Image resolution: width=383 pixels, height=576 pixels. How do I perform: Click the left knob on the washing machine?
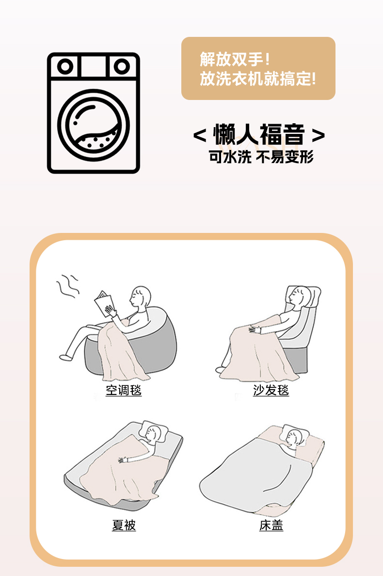(65, 66)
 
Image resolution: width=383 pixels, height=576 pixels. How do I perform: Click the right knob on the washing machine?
(121, 66)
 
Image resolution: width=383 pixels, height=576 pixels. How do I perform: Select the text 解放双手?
(235, 60)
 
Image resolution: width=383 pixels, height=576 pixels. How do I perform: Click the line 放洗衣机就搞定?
(257, 79)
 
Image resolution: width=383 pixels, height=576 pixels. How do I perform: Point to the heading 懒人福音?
(259, 135)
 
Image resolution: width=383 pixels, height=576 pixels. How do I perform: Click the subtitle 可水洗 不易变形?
(261, 157)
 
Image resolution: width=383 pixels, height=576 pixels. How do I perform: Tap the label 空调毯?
(124, 390)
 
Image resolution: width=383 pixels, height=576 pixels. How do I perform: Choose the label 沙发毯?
(271, 390)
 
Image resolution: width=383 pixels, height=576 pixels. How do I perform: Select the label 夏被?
(124, 526)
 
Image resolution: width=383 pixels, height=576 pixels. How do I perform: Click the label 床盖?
(271, 526)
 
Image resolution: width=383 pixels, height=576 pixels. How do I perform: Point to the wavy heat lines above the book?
(68, 285)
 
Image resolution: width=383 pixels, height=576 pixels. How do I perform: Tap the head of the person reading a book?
(141, 296)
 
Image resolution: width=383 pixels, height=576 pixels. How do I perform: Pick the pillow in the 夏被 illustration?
(155, 433)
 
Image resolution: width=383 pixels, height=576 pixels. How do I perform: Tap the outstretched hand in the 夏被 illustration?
(122, 459)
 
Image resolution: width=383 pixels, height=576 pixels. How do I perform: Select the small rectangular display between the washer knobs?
(94, 66)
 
